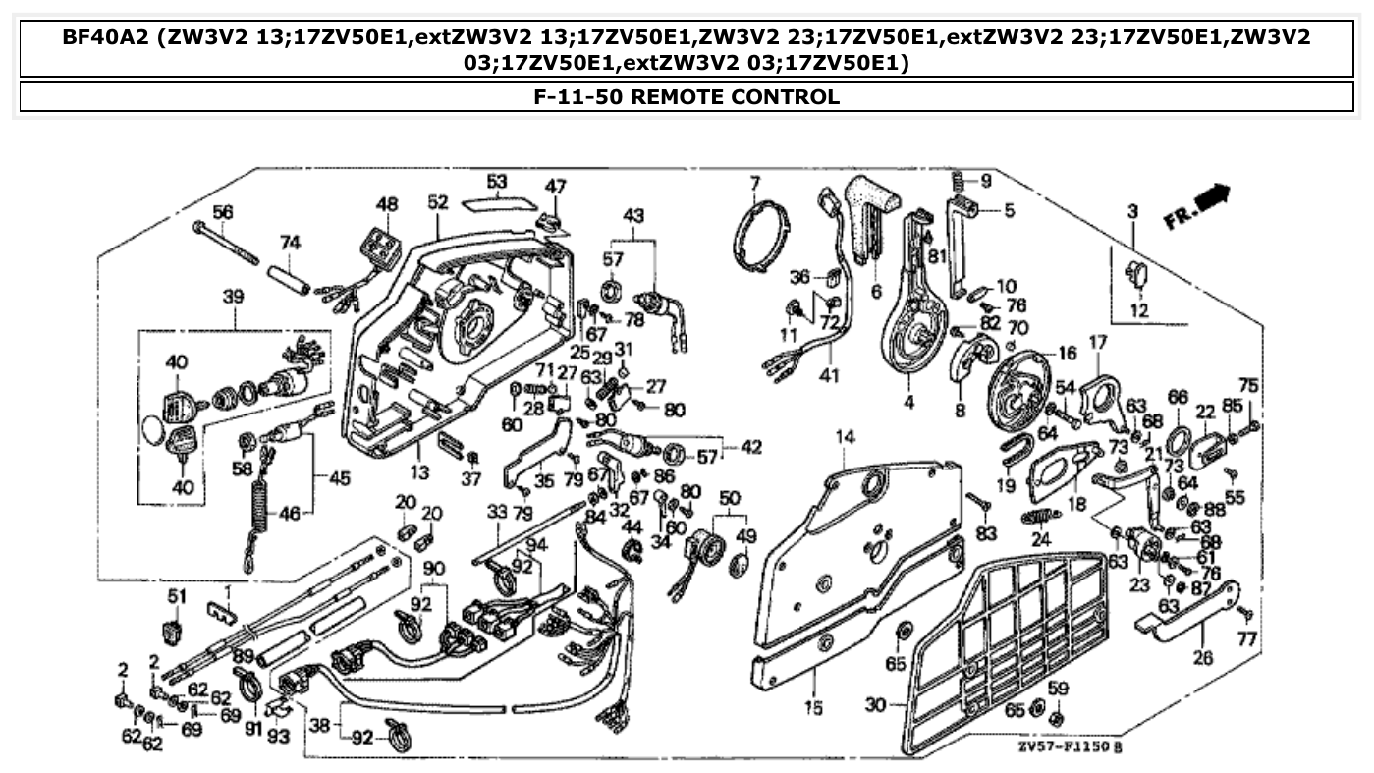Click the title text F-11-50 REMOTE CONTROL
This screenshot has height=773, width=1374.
pos(687,97)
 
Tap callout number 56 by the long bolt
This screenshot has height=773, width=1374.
pos(223,212)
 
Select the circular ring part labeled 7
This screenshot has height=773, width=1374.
pos(762,239)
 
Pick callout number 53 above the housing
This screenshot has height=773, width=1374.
pos(497,182)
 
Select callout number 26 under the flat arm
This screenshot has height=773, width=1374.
pos(1203,657)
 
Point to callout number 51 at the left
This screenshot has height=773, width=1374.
pos(176,596)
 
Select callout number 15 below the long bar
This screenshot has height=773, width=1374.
pos(814,707)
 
